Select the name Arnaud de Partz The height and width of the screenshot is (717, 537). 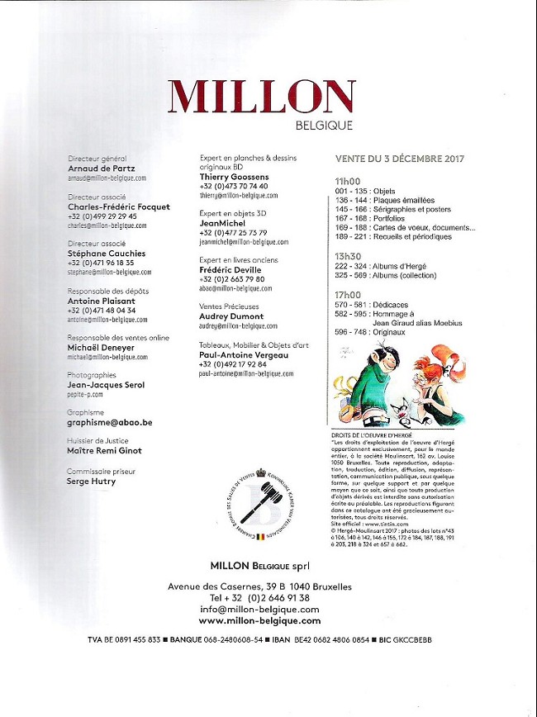coord(102,168)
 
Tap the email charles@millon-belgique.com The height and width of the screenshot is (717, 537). coord(107,225)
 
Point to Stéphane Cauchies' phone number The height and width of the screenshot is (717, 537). coord(102,263)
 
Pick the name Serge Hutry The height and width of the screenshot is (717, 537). coord(91,481)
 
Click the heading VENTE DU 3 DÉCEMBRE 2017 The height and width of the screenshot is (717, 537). coord(400,159)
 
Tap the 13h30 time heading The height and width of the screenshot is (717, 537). coord(348,255)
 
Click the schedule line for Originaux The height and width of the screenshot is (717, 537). coord(370,333)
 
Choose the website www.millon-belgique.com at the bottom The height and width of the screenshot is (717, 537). coord(259,620)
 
